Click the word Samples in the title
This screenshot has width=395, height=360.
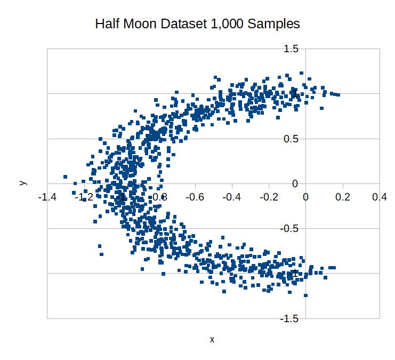pyautogui.click(x=275, y=24)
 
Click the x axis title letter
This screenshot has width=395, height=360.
pyautogui.click(x=212, y=339)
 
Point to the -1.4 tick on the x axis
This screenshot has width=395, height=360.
pyautogui.click(x=47, y=197)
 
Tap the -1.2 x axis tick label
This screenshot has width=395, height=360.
pyautogui.click(x=84, y=197)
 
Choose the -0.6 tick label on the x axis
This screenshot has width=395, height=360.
pyautogui.click(x=195, y=197)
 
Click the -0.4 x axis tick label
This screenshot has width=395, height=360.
pyautogui.click(x=231, y=197)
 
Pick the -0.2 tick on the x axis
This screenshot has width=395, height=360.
pyautogui.click(x=268, y=197)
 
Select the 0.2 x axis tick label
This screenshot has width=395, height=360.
pyautogui.click(x=343, y=197)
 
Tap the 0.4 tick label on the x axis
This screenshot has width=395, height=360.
pyautogui.click(x=380, y=197)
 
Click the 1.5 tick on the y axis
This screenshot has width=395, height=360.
pyautogui.click(x=291, y=49)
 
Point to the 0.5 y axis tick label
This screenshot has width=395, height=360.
pyautogui.click(x=291, y=139)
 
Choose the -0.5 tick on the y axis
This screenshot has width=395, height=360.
pyautogui.click(x=289, y=229)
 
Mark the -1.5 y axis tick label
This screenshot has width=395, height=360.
pyautogui.click(x=289, y=318)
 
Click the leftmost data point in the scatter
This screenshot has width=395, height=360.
pyautogui.click(x=65, y=177)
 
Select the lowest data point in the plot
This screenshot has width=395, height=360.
pyautogui.click(x=305, y=295)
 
